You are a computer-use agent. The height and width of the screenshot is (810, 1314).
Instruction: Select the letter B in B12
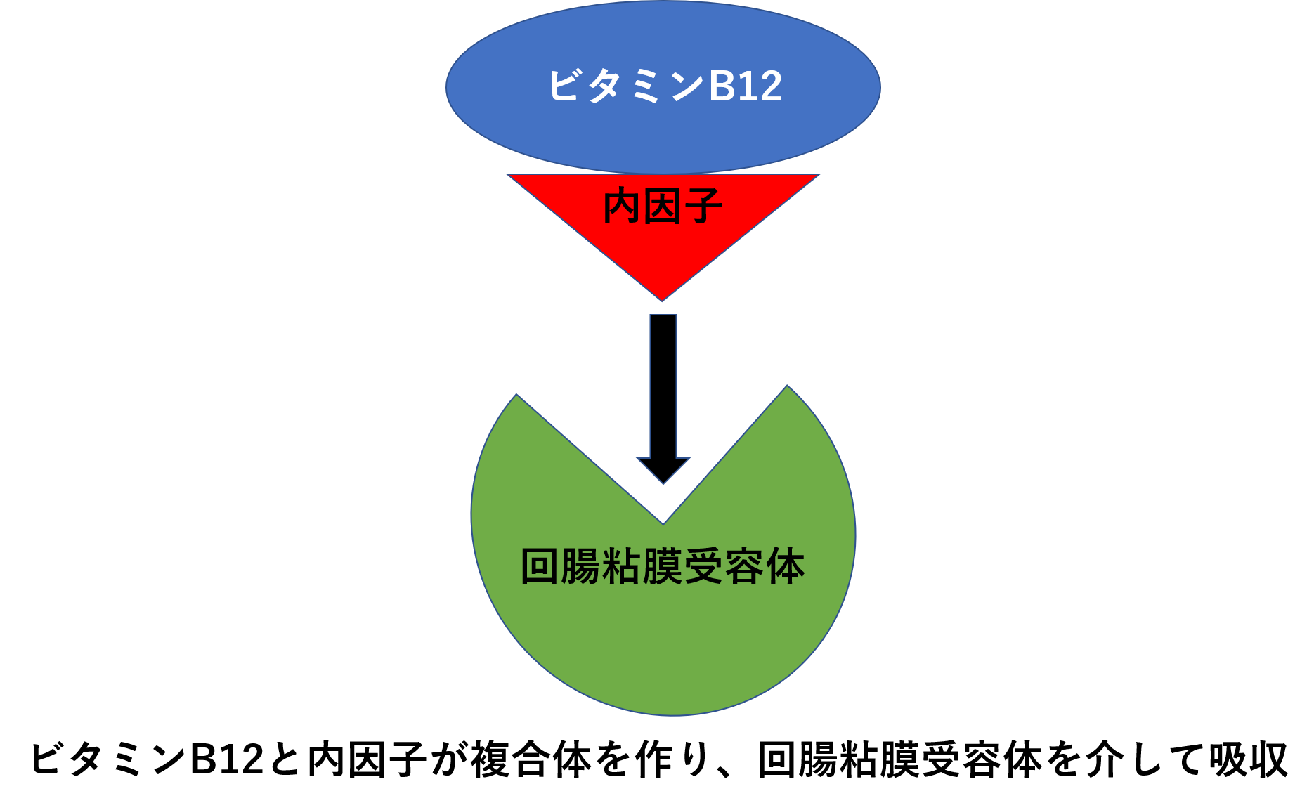click(722, 86)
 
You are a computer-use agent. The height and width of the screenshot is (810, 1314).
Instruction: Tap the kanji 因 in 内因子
click(663, 207)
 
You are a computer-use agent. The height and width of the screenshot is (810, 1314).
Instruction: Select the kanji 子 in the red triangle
click(703, 207)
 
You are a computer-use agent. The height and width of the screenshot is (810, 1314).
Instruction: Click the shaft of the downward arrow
click(663, 386)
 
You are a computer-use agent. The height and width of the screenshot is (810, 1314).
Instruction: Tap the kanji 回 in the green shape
click(540, 566)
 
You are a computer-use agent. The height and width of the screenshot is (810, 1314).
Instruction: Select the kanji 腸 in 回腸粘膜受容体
click(580, 566)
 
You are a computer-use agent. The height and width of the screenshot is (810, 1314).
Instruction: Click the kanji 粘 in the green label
click(621, 566)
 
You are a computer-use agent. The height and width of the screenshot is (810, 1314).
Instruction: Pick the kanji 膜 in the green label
click(663, 566)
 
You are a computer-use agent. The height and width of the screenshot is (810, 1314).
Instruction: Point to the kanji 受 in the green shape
click(703, 566)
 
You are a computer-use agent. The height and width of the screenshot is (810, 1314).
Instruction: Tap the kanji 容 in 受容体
click(744, 566)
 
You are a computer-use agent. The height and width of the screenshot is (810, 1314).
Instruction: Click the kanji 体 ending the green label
click(785, 566)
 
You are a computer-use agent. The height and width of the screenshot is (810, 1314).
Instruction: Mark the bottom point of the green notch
click(663, 523)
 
